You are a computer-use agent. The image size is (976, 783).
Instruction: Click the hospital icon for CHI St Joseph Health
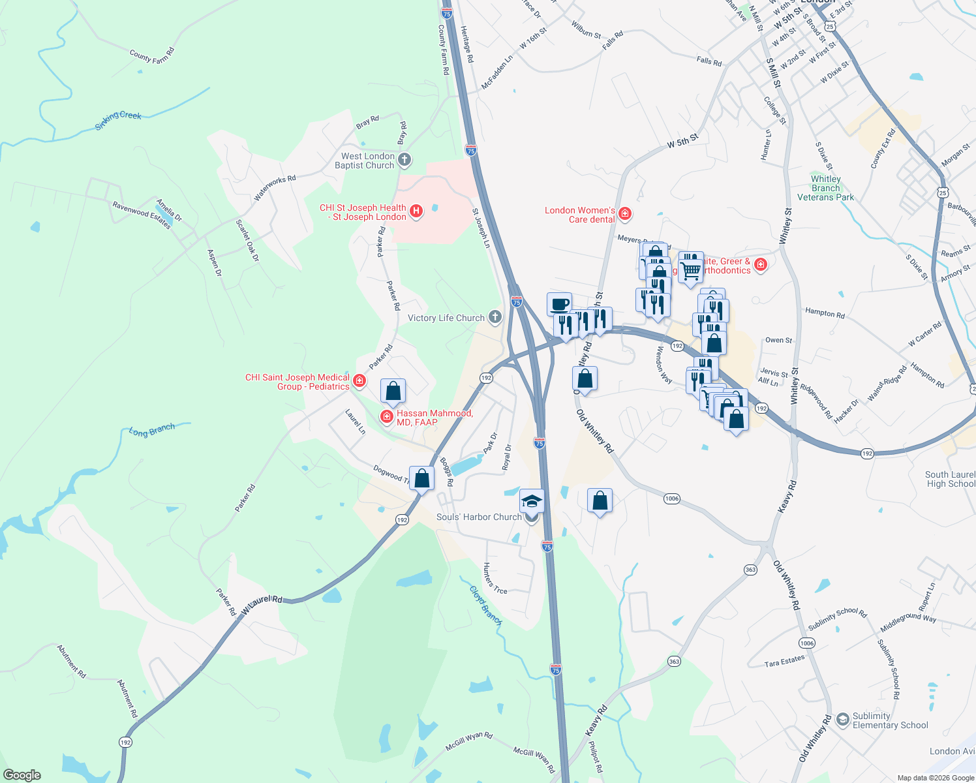(x=416, y=211)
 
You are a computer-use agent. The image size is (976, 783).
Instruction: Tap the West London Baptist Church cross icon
(x=404, y=160)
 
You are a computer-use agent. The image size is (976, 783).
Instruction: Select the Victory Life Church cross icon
(x=495, y=318)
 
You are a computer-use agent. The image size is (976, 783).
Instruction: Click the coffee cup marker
(x=560, y=304)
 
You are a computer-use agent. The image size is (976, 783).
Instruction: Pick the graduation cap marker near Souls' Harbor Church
(x=532, y=500)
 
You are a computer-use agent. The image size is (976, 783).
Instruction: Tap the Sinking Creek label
(x=118, y=119)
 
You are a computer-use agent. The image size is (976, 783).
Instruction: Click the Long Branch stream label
(x=152, y=430)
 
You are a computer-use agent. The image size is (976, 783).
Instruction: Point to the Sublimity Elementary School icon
(x=842, y=719)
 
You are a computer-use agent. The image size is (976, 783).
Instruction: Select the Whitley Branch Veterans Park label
(x=826, y=188)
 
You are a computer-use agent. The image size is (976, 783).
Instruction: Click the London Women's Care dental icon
(x=625, y=213)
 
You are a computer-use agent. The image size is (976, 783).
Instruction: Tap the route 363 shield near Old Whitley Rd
(x=750, y=570)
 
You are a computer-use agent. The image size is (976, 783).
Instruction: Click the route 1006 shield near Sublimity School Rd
(x=807, y=643)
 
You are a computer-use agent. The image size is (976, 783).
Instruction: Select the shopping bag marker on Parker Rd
(x=393, y=391)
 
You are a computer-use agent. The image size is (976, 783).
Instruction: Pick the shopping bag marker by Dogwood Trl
(x=422, y=478)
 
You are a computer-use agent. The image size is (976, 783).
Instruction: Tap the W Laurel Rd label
(x=262, y=605)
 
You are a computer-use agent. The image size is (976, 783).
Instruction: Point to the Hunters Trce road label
(x=494, y=579)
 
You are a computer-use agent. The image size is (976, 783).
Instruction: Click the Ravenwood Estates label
(x=142, y=215)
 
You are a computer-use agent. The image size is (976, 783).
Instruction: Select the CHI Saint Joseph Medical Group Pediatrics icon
(x=359, y=380)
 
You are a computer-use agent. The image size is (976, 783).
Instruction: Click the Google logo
(x=22, y=775)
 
